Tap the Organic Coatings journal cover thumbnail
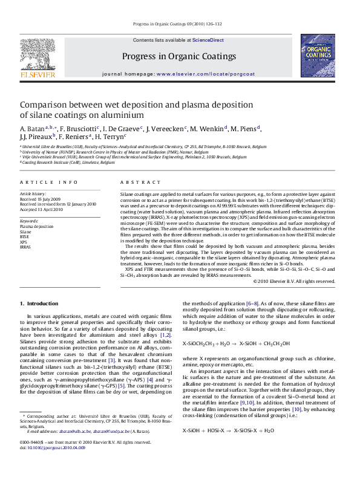[x=318, y=55]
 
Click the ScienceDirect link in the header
[x=208, y=40]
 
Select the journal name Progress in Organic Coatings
[x=179, y=56]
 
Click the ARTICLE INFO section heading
[x=48, y=182]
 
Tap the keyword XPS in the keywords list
[x=24, y=242]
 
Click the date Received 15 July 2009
[x=41, y=198]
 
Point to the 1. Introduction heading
[x=39, y=303]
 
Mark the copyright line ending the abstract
[x=293, y=281]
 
